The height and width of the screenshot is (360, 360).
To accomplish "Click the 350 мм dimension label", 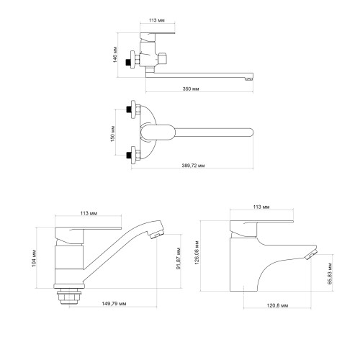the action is (x=191, y=89).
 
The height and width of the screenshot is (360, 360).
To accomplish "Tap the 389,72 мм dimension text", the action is (x=193, y=166).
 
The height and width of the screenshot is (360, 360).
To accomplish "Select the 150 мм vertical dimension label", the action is (x=113, y=134).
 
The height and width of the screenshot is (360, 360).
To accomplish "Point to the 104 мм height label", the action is (x=35, y=258).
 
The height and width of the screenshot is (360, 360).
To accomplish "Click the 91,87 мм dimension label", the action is (x=179, y=258).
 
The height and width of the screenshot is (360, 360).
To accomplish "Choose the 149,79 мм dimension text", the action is (x=114, y=304).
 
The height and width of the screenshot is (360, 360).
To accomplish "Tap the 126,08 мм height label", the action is (x=197, y=253).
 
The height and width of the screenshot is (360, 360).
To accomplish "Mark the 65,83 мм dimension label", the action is (x=330, y=274).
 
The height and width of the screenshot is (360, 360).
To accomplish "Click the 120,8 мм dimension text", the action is (x=277, y=305).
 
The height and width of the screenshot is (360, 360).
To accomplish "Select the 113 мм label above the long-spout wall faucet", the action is (x=157, y=20).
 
